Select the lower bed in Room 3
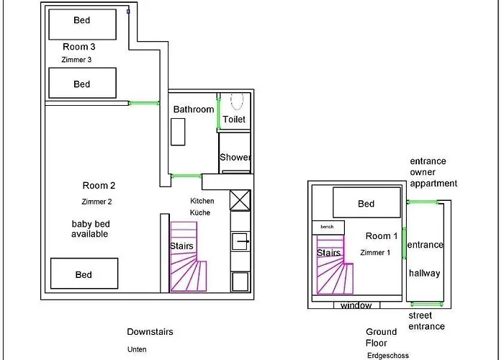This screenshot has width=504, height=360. tap(82, 84)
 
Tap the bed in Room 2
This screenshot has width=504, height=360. tap(84, 274)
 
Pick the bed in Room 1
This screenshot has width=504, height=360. tap(366, 202)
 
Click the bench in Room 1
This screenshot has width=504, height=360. tap(328, 227)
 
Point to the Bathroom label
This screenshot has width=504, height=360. tap(194, 109)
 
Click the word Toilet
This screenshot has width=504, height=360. tap(234, 120)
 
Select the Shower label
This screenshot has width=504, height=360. tap(235, 157)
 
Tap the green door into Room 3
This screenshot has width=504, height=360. tap(144, 104)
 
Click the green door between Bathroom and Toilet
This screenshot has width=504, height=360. tap(218, 112)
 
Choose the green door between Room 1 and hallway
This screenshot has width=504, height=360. tap(404, 244)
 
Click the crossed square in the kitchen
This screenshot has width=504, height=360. tap(240, 200)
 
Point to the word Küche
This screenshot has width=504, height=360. tap(200, 213)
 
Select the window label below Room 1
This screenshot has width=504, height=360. tap(356, 306)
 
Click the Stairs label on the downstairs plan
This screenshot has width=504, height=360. tap(181, 246)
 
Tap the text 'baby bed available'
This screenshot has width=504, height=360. tap(89, 229)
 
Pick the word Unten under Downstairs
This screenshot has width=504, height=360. tap(137, 349)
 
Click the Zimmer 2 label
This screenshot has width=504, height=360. tap(97, 202)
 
